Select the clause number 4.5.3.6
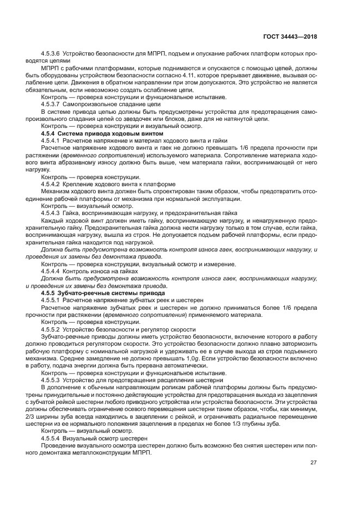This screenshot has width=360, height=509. pos(51,54)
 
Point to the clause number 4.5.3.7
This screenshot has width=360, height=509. pos(51,103)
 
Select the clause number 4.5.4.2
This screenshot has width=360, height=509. pos(51,183)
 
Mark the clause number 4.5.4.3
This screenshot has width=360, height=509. pos(51,213)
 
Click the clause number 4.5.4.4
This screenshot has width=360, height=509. pos(51,271)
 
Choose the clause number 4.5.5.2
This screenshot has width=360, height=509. pos(51,329)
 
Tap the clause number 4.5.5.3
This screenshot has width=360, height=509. pos(51,379)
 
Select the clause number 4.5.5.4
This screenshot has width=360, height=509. pos(51,437)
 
